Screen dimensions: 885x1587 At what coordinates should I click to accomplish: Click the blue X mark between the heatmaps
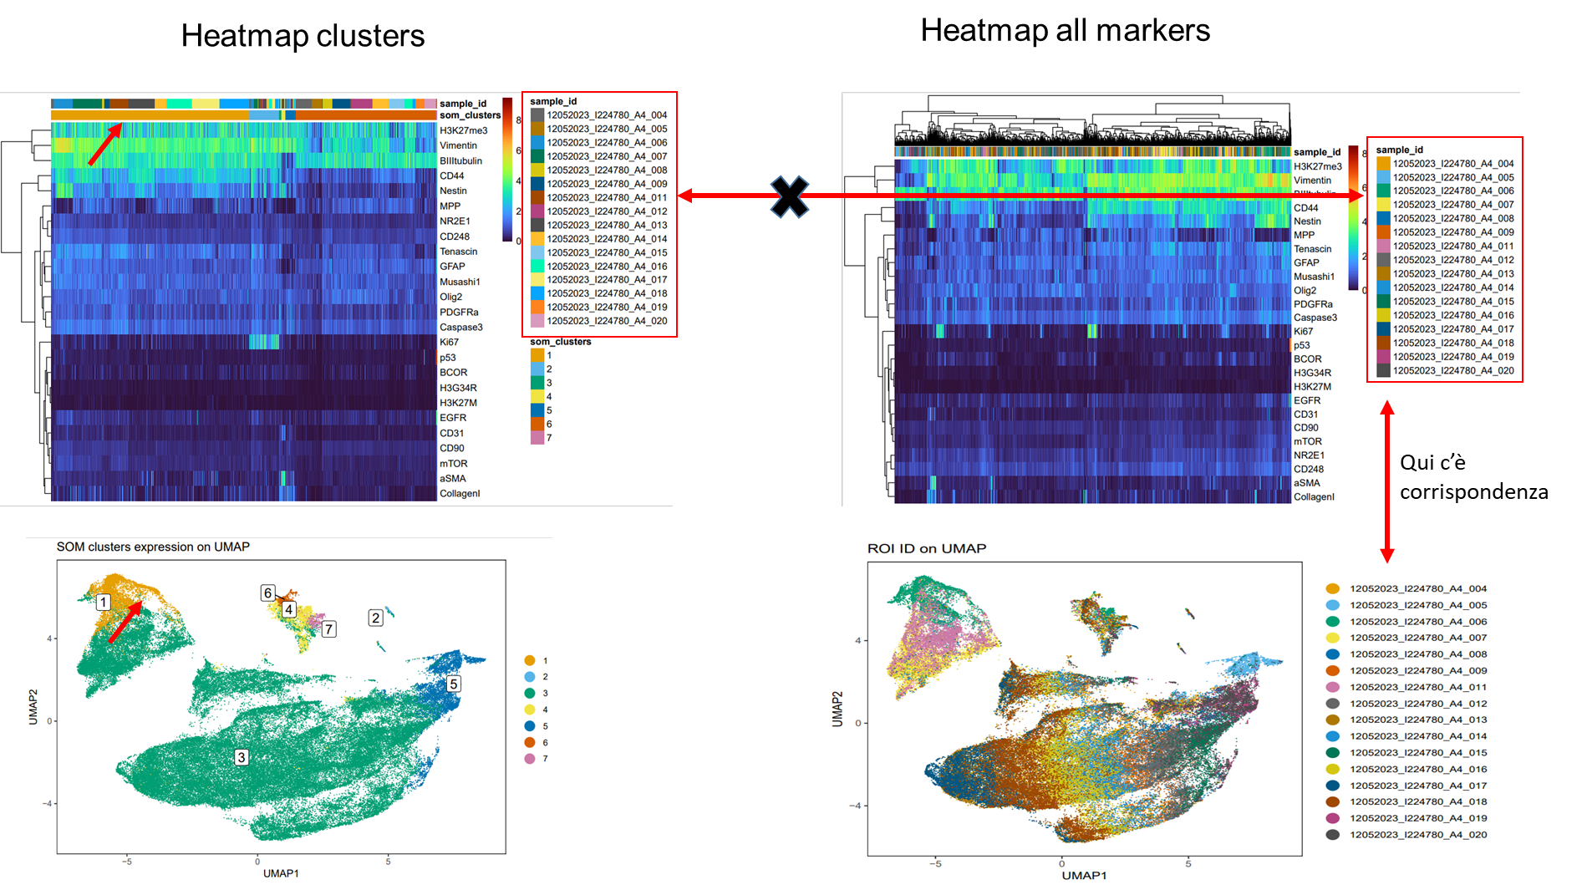pos(790,196)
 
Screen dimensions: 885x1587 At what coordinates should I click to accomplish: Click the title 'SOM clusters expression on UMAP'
pos(153,547)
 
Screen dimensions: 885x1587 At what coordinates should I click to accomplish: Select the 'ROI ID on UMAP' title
pos(926,548)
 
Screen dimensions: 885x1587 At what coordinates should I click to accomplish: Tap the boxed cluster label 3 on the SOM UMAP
pos(241,757)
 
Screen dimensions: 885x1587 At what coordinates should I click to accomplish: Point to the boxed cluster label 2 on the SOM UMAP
pos(375,618)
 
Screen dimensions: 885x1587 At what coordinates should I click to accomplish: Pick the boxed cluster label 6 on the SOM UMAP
pos(267,593)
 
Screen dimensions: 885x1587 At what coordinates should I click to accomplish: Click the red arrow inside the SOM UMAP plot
pos(125,622)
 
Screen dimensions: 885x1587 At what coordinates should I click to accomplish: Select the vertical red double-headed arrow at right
pos(1387,481)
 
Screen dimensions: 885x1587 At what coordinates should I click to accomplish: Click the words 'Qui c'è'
pos(1432,462)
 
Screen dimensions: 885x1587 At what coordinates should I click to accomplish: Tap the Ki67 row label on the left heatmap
pos(449,342)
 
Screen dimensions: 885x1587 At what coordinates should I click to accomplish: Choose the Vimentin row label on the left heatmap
pos(458,145)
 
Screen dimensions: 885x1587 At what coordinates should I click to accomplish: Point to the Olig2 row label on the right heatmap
pos(1305,291)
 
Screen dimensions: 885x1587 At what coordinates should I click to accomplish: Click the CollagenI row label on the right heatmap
pos(1314,496)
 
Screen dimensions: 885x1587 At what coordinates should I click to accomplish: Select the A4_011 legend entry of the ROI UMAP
pos(1417,687)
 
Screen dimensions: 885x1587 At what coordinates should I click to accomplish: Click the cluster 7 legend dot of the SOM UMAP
pos(530,758)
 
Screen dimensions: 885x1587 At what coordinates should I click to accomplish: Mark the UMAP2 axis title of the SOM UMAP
pos(33,707)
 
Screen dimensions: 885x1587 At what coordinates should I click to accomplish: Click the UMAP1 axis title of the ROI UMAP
pos(1084,875)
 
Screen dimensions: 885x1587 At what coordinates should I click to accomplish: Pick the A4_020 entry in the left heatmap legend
pos(607,321)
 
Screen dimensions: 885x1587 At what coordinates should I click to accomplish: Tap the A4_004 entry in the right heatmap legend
pos(1452,164)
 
